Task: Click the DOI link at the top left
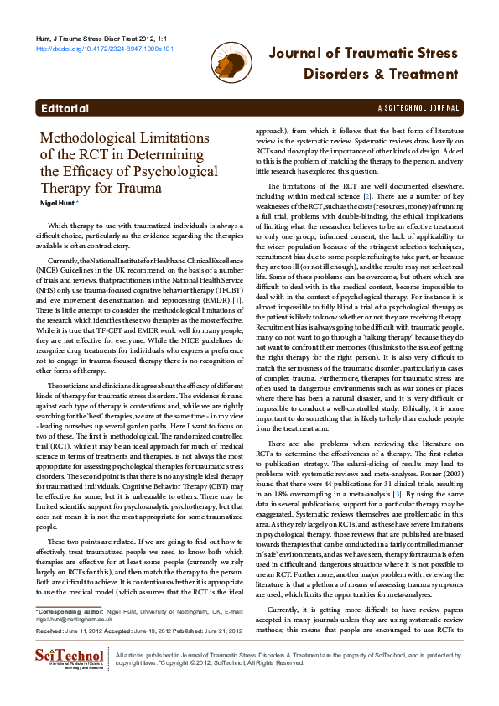click(104, 49)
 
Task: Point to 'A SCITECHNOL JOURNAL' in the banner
click(419, 109)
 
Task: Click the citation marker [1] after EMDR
click(237, 276)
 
